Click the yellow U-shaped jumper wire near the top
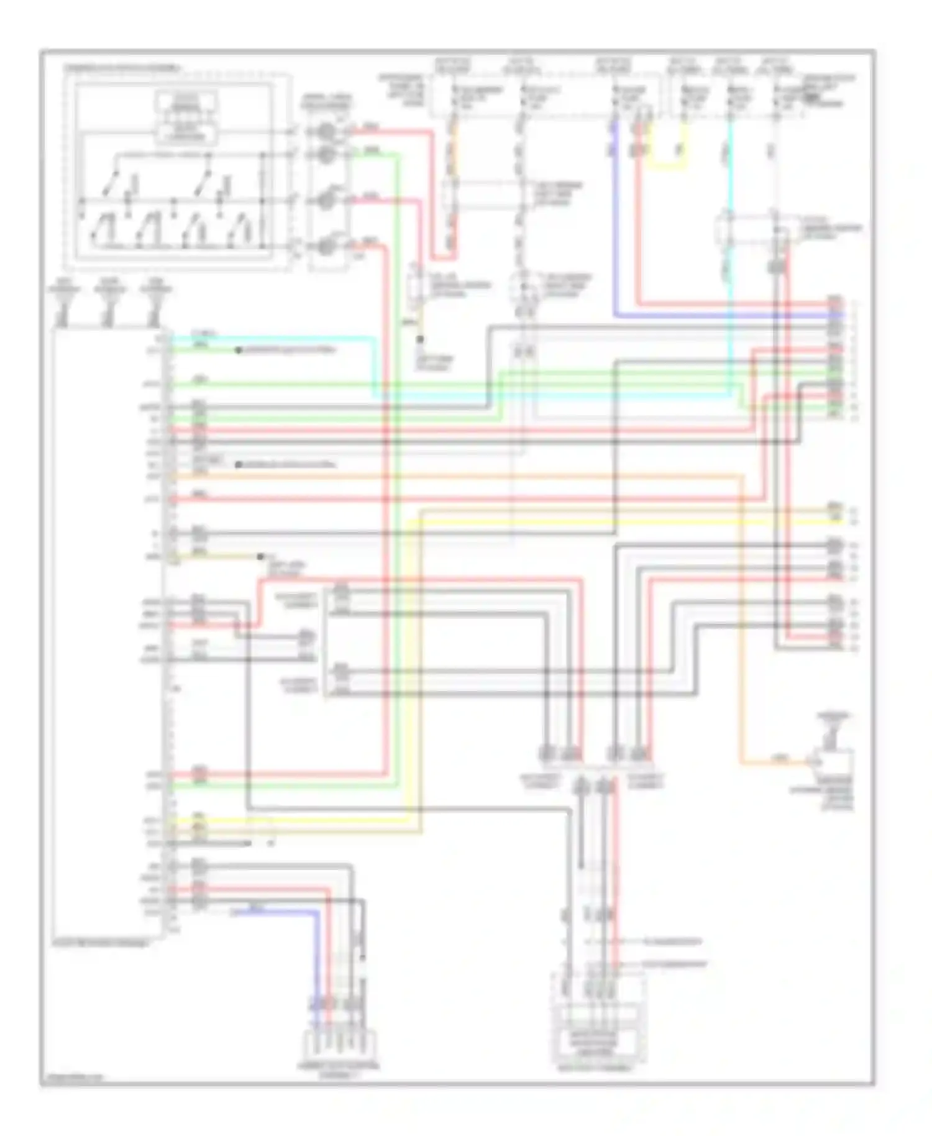[668, 165]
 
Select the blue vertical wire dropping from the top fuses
[615, 218]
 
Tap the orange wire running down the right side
[741, 621]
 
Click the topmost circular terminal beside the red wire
[326, 132]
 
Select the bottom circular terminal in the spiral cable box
[326, 247]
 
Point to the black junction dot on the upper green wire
[238, 350]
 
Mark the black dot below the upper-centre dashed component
[420, 339]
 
